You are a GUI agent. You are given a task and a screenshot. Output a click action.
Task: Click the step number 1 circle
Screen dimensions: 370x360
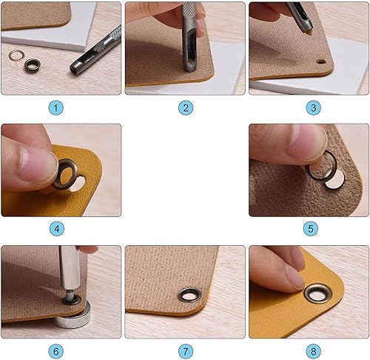pyautogui.click(x=56, y=107)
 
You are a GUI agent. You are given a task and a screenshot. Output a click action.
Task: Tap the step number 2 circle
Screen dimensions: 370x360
pyautogui.click(x=186, y=107)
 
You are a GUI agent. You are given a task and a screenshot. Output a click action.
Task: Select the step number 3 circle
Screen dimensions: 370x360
pyautogui.click(x=313, y=107)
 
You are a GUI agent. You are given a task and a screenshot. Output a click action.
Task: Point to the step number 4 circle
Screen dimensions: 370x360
pyautogui.click(x=57, y=229)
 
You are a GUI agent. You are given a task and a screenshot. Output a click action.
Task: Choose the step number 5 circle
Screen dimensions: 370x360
pyautogui.click(x=311, y=229)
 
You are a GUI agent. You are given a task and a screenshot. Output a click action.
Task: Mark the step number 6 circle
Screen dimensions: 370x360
pyautogui.click(x=56, y=351)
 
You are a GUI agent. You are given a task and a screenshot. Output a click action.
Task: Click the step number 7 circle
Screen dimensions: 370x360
pyautogui.click(x=186, y=351)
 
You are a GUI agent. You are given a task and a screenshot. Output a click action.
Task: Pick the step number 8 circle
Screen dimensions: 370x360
pyautogui.click(x=313, y=351)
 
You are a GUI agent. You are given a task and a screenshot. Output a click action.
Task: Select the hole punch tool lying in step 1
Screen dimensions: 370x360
pyautogui.click(x=96, y=50)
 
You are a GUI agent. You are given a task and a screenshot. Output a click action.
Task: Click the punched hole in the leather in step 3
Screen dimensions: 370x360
pyautogui.click(x=321, y=61)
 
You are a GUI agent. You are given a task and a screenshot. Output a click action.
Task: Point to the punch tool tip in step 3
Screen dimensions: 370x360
pyautogui.click(x=309, y=30)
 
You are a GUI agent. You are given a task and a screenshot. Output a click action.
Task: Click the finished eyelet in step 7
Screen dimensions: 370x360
pyautogui.click(x=189, y=295)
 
